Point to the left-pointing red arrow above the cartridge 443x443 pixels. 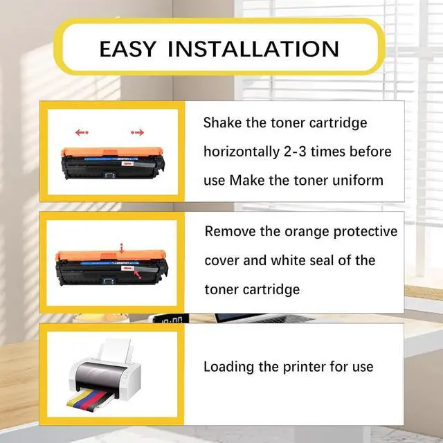click(x=82, y=132)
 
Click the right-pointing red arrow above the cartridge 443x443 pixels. click(x=137, y=132)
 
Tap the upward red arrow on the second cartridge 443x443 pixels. click(x=122, y=246)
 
